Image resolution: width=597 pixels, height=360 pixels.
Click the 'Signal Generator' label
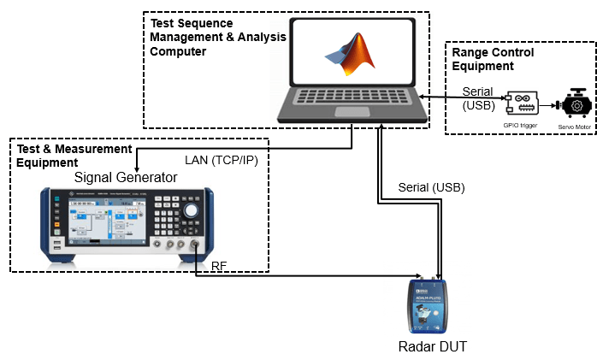126,177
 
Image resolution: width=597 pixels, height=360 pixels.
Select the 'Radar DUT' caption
434,346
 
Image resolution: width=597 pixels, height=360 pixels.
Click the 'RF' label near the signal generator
219,267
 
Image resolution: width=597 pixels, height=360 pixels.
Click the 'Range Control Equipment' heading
493,58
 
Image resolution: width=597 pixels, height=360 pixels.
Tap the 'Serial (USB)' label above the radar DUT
431,187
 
